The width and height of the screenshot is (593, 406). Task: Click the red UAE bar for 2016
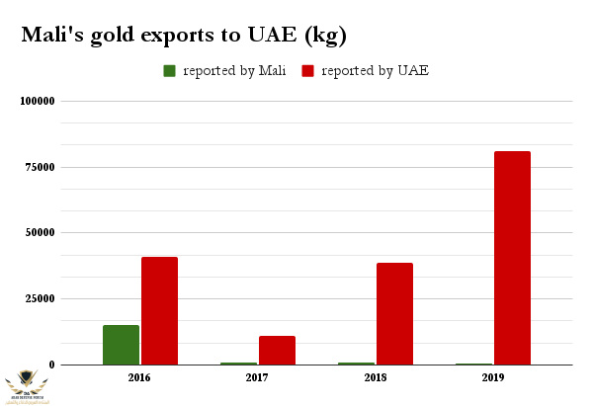159,310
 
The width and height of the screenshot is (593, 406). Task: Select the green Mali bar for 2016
121,345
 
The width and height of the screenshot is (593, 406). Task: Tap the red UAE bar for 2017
277,350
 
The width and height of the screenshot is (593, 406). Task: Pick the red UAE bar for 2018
394,313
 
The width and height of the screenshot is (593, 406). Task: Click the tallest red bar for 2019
512,258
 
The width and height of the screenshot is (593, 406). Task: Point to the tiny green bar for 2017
238,364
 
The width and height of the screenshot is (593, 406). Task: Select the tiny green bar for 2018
356,364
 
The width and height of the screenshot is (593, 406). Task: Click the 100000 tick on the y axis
37,101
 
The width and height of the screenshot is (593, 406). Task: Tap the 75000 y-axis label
40,167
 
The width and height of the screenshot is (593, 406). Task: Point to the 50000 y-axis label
40,233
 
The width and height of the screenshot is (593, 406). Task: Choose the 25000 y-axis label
40,298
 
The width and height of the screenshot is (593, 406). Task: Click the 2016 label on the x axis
139,377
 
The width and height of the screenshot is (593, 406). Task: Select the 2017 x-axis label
257,377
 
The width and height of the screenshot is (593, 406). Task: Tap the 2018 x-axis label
375,377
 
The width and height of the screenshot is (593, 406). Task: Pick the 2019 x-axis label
492,377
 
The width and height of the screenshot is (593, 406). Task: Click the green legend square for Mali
170,71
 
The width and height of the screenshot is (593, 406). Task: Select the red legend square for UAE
307,71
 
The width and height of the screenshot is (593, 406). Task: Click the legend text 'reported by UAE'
376,71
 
